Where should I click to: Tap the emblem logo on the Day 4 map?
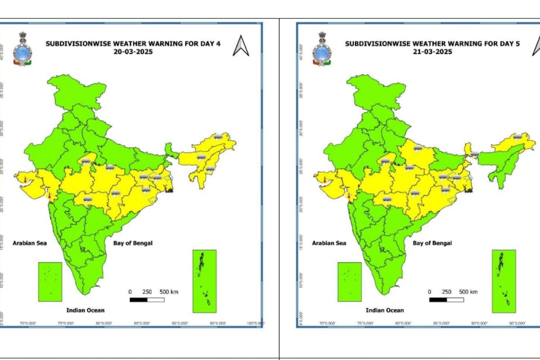(x=21, y=49)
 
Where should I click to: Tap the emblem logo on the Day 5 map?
(x=321, y=49)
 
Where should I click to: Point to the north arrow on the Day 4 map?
(x=241, y=46)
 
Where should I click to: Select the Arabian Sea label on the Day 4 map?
(x=30, y=243)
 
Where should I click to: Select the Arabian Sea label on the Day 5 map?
(x=329, y=243)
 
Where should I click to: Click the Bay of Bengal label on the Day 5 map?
(x=432, y=243)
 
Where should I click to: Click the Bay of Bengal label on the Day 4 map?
(x=133, y=243)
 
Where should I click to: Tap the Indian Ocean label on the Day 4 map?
(x=85, y=310)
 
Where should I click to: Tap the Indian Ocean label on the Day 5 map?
(x=385, y=310)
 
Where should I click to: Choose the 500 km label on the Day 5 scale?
(x=468, y=292)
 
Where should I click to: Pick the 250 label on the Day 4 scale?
(x=147, y=292)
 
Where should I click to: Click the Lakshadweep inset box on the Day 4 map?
(x=50, y=282)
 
